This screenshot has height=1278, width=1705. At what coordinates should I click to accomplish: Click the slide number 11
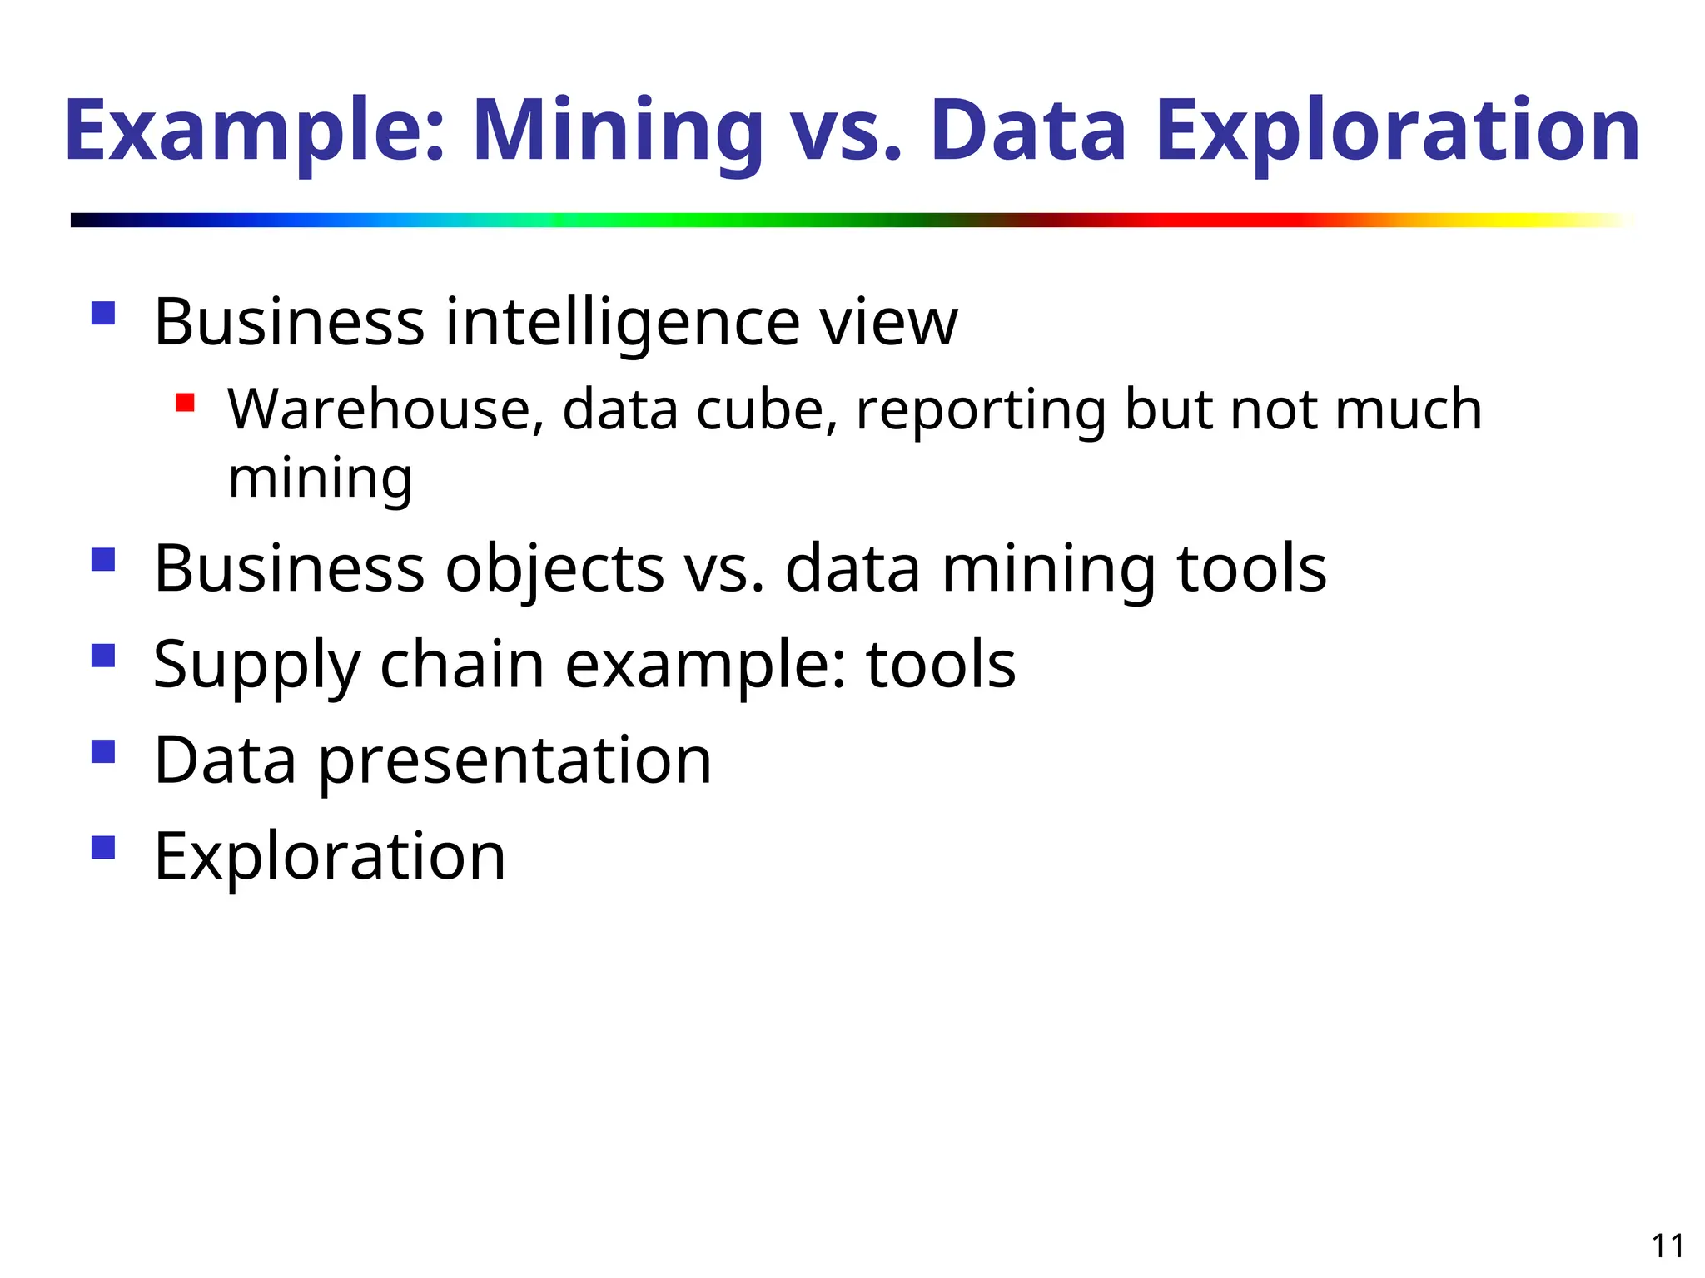[x=1668, y=1246]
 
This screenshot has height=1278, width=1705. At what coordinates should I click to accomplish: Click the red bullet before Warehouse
[x=185, y=404]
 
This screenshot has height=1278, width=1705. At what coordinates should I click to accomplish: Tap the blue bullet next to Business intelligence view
[x=103, y=314]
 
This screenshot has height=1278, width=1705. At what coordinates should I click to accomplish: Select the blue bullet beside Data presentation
[x=103, y=752]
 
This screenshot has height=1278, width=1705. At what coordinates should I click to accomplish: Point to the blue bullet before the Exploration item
[x=103, y=848]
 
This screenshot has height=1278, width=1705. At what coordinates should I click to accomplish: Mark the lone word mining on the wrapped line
[x=321, y=479]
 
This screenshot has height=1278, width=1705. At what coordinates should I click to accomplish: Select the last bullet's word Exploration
[x=331, y=857]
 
